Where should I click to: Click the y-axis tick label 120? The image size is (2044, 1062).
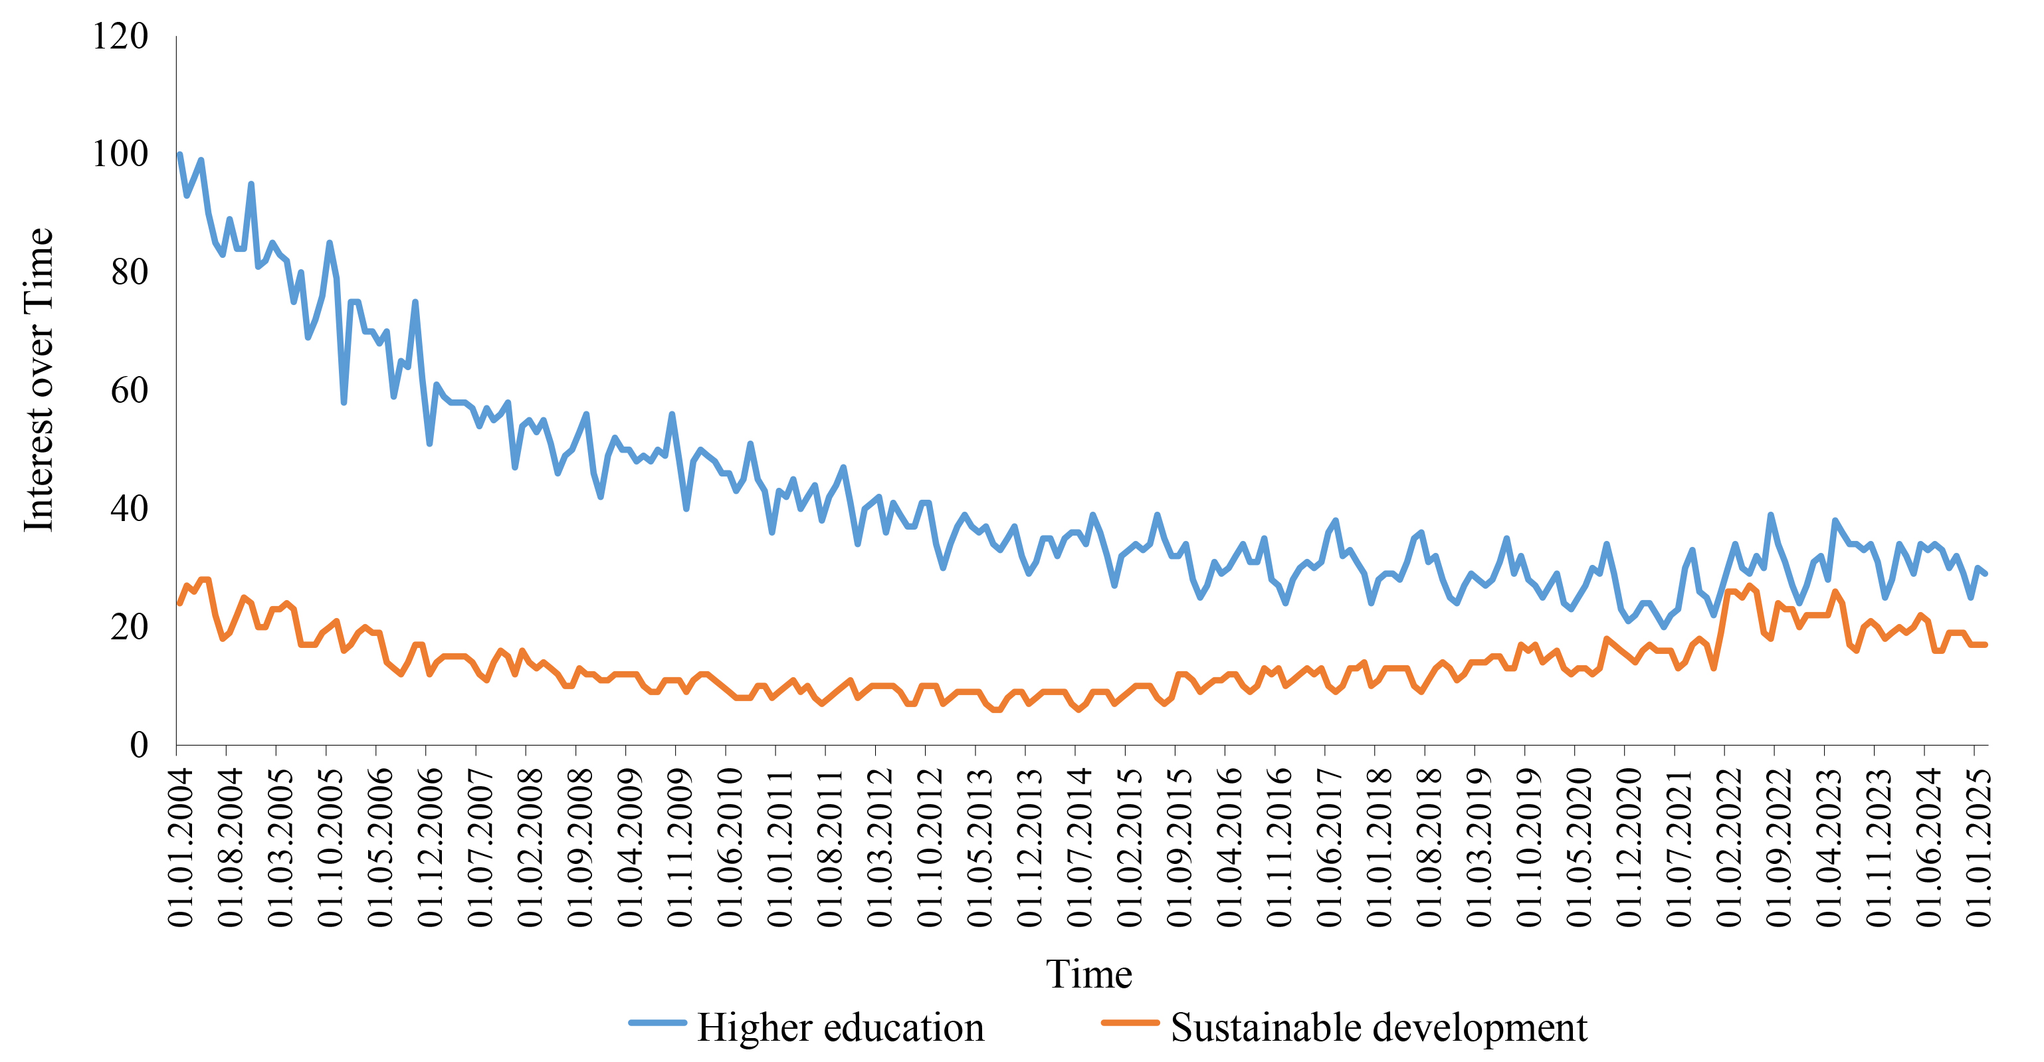tap(120, 37)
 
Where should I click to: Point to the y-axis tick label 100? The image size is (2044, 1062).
tap(120, 154)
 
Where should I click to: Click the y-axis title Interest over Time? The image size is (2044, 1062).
tap(38, 379)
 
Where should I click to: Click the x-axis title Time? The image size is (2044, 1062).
tap(1088, 973)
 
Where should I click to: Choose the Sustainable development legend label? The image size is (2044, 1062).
tap(1378, 1027)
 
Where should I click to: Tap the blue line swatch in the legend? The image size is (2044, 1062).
tap(657, 1023)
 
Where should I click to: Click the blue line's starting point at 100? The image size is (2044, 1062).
tap(179, 155)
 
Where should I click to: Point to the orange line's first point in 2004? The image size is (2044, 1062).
tap(179, 603)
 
